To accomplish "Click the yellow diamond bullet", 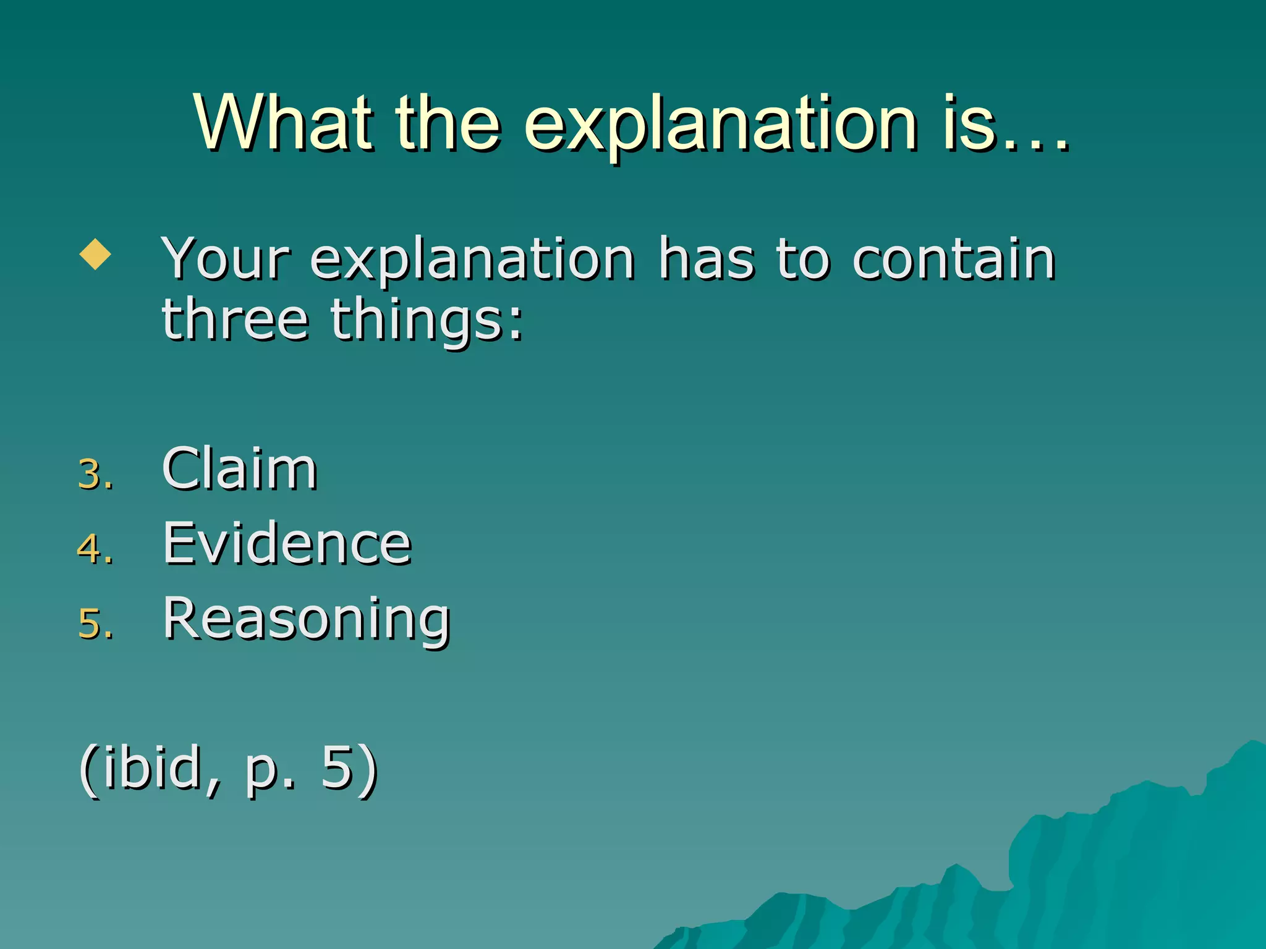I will pyautogui.click(x=95, y=254).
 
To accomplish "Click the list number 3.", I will pyautogui.click(x=96, y=474).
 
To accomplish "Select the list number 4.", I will pyautogui.click(x=96, y=549).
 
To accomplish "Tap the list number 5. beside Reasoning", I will pyautogui.click(x=96, y=623).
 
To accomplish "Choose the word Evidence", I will pyautogui.click(x=287, y=543).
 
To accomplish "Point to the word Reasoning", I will pyautogui.click(x=307, y=619).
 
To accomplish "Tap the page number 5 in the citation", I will pyautogui.click(x=337, y=767).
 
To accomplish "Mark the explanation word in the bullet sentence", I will pyautogui.click(x=472, y=259).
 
